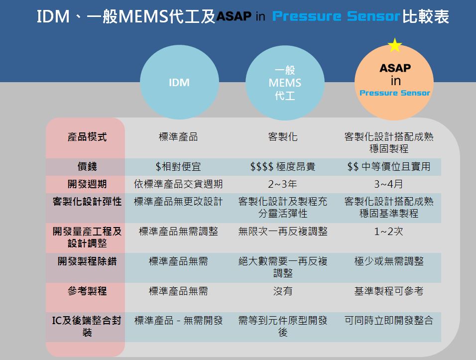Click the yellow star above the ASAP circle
pyautogui.click(x=395, y=45)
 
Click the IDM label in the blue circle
pyautogui.click(x=179, y=83)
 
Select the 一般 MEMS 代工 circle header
pyautogui.click(x=285, y=83)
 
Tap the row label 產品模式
pyautogui.click(x=87, y=137)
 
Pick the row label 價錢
pyautogui.click(x=87, y=166)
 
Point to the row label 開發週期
pyautogui.click(x=87, y=184)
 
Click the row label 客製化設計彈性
pyautogui.click(x=87, y=201)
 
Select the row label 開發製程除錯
pyautogui.click(x=87, y=261)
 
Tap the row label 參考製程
pyautogui.click(x=87, y=291)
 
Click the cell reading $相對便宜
pyautogui.click(x=178, y=166)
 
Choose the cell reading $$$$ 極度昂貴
pyautogui.click(x=283, y=166)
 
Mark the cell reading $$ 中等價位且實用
pyautogui.click(x=389, y=166)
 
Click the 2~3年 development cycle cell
pyautogui.click(x=283, y=184)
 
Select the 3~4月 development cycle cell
pyautogui.click(x=389, y=184)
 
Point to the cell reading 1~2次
pyautogui.click(x=389, y=232)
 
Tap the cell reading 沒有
pyautogui.click(x=283, y=291)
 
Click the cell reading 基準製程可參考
pyautogui.click(x=389, y=291)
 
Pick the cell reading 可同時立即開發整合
pyautogui.click(x=389, y=320)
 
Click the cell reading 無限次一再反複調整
pyautogui.click(x=283, y=232)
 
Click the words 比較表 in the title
pyautogui.click(x=426, y=16)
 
